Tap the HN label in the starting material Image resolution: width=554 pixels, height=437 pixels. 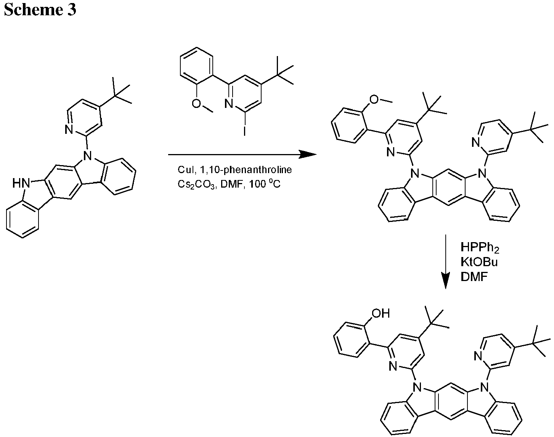pos(21,183)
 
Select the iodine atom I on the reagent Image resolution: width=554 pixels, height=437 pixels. pos(244,131)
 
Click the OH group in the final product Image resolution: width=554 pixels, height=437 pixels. pos(381,313)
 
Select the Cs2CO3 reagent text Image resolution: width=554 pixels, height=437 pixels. pos(196,185)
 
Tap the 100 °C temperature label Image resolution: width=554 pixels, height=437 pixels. pos(265,184)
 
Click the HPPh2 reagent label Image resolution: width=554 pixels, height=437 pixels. pos(480,247)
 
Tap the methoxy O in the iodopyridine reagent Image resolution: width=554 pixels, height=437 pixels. pos(196,103)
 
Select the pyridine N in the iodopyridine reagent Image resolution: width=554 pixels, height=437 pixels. pos(229,103)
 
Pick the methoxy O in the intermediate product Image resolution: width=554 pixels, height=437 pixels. pos(374,99)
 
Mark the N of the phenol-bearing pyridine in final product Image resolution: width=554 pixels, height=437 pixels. pos(393,366)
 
